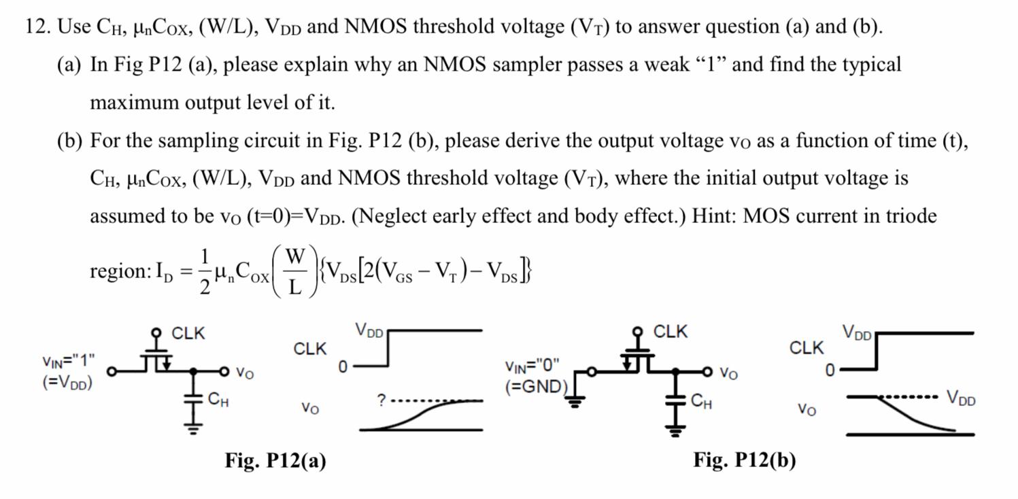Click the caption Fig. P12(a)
click(275, 461)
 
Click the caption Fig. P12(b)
click(744, 460)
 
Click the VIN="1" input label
click(68, 360)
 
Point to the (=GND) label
click(536, 387)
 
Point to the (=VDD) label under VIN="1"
click(67, 381)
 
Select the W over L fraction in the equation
click(294, 271)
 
